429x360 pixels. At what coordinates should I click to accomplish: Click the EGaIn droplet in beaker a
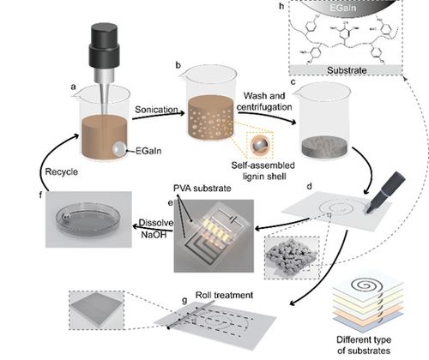coord(119,148)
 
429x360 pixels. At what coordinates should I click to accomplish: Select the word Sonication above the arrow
coord(156,110)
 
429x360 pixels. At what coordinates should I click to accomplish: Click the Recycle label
coord(62,171)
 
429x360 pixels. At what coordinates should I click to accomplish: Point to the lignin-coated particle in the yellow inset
coord(260,145)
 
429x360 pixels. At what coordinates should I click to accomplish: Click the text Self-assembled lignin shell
coord(263,171)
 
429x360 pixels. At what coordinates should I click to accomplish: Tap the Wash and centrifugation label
coord(264,101)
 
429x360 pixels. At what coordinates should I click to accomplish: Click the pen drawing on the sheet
coord(385,192)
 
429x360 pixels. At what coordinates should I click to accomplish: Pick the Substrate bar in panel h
coord(346,70)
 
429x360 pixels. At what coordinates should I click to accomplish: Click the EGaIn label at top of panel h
coord(343,8)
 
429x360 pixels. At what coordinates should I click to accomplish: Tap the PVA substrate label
coord(202,189)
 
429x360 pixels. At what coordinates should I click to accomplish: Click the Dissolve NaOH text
coord(156,229)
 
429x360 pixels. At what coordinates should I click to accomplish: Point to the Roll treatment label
coord(224,295)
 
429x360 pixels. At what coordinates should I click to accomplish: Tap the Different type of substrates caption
coord(364,345)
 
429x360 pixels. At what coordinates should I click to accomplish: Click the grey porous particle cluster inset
coord(291,256)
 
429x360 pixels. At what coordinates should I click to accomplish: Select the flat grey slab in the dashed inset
coord(97,310)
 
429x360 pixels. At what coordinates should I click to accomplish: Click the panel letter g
coord(184,300)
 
